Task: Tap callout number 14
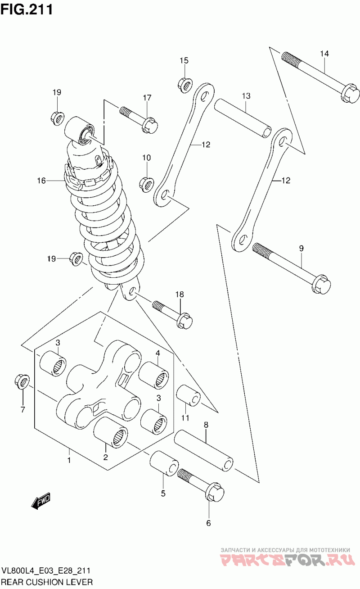[x=324, y=54]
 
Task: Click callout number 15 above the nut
[x=184, y=60]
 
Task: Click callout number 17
[x=147, y=98]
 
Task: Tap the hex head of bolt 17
[x=150, y=125]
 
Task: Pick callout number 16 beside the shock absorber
[x=41, y=181]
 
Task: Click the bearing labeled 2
[x=111, y=433]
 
